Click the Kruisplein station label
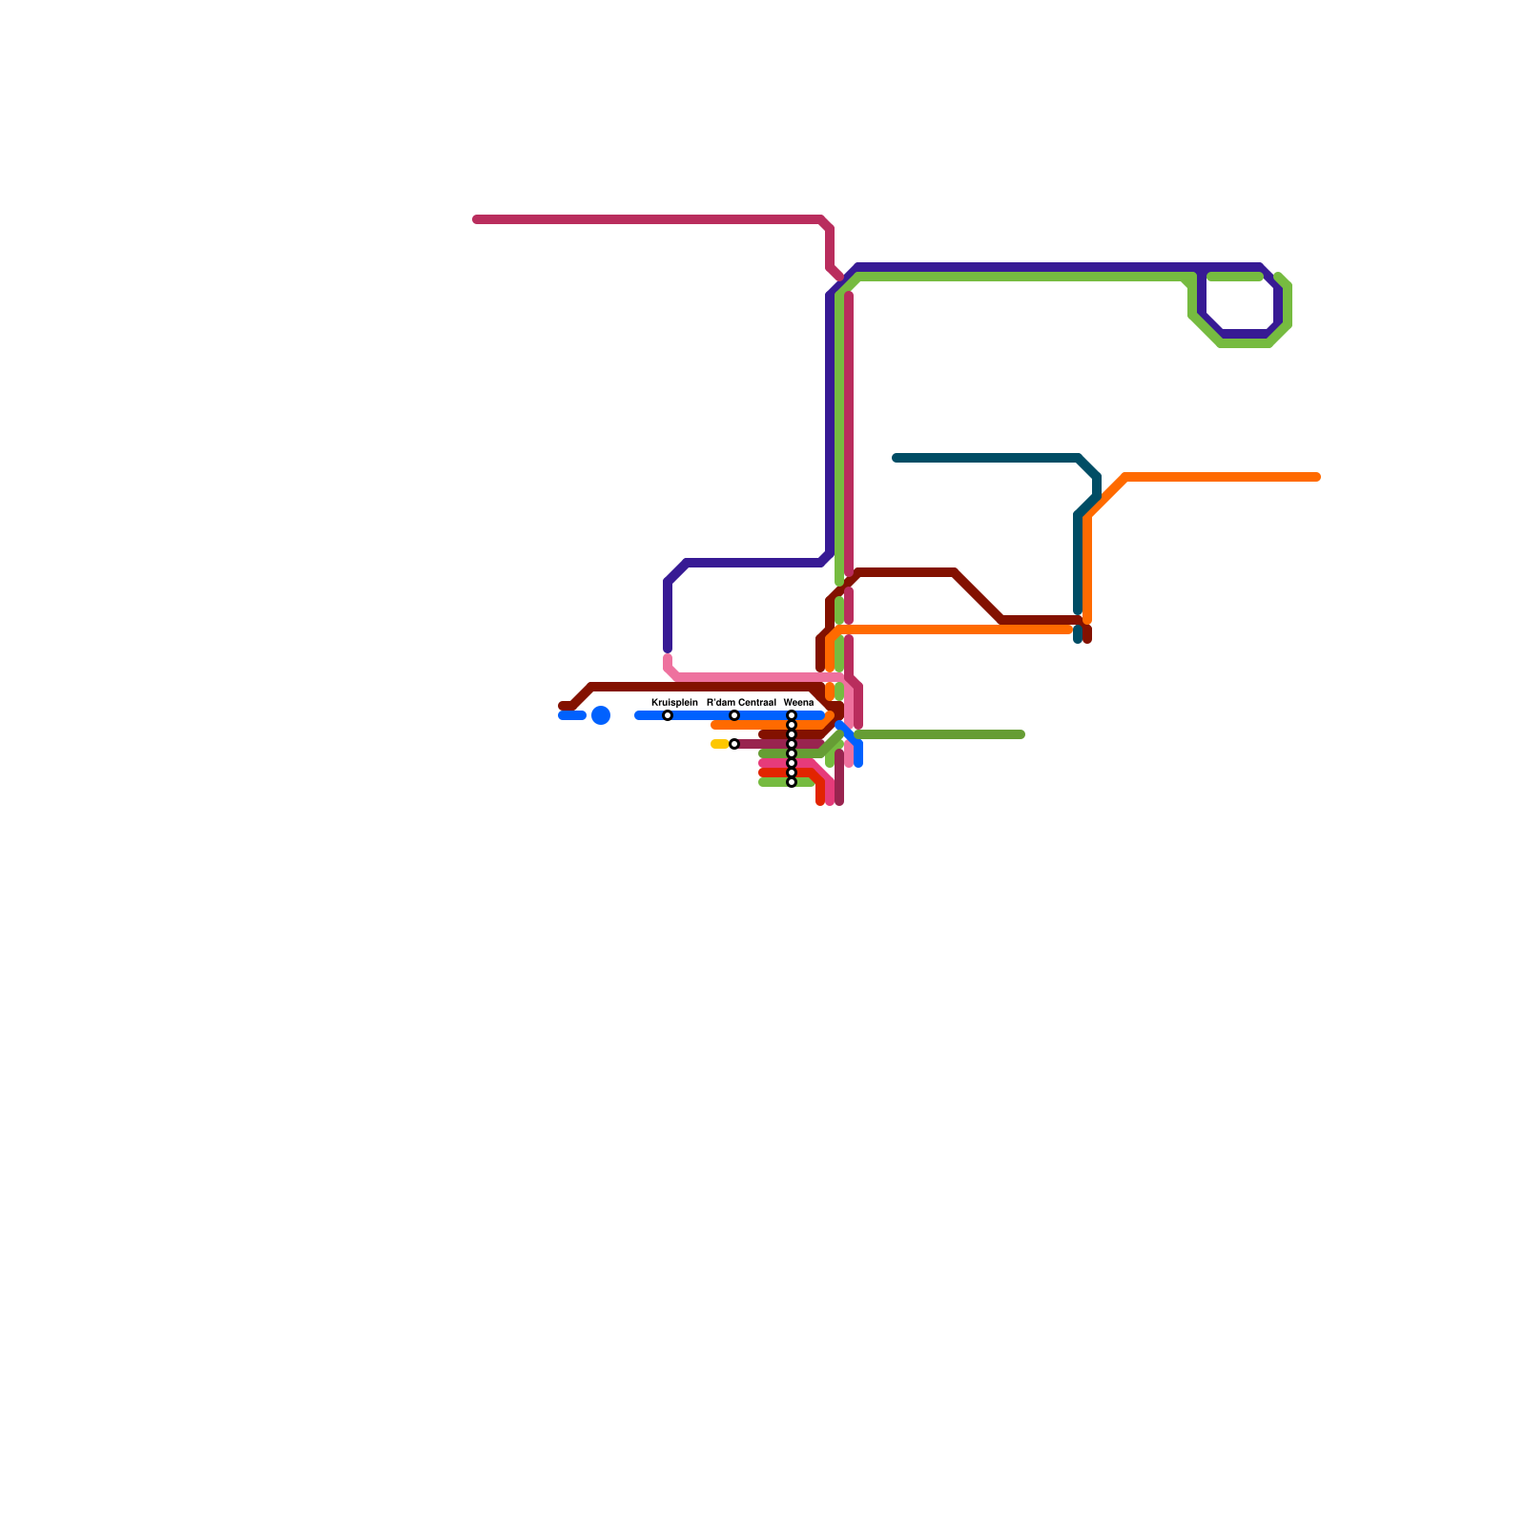pos(674,702)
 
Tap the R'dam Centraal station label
pos(741,702)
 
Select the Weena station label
pos(798,702)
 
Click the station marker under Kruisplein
pos(668,715)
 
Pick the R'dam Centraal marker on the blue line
pos(734,715)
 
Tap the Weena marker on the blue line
pos(792,715)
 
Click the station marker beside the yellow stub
pos(734,744)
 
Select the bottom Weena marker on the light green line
pos(792,782)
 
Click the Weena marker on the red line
pos(792,773)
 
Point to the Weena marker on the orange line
pos(792,725)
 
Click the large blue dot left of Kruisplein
pos(601,715)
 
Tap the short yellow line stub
pos(720,744)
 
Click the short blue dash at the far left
pos(571,715)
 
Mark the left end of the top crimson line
pos(477,220)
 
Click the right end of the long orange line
pos(1317,477)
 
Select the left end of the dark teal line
pos(896,458)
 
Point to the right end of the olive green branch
pos(1021,734)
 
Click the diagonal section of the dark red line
pos(978,596)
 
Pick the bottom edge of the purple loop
pos(1245,334)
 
